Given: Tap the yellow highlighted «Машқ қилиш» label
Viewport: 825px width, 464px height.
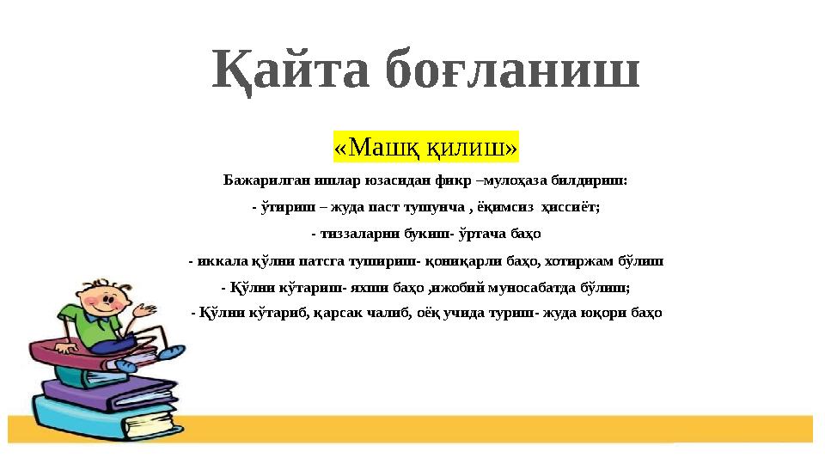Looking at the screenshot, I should coord(426,147).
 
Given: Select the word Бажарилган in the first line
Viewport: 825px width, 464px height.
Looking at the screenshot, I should coord(256,181).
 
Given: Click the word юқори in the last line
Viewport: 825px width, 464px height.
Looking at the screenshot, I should coord(605,313).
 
